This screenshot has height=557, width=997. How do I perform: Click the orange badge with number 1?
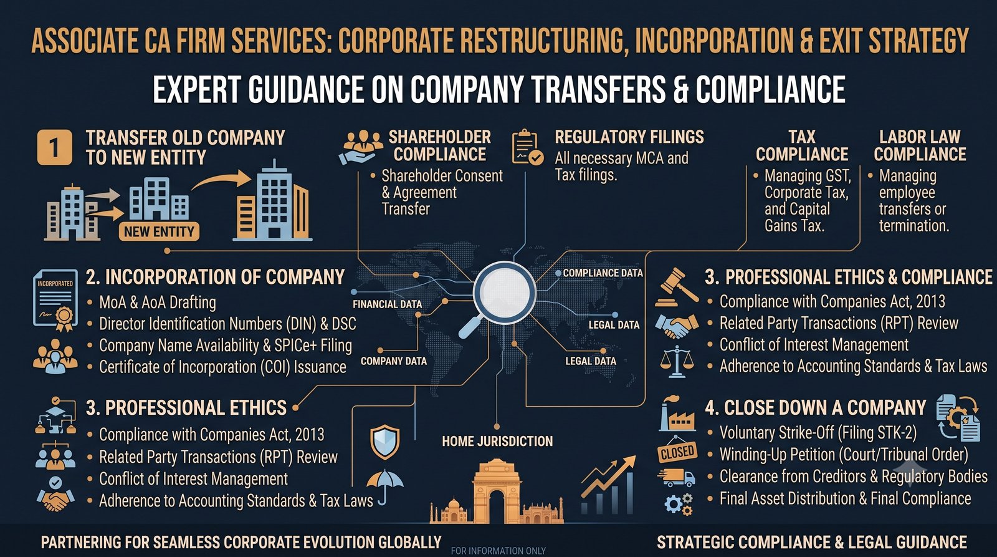pyautogui.click(x=54, y=147)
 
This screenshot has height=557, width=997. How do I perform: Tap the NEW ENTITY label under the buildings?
pyautogui.click(x=159, y=231)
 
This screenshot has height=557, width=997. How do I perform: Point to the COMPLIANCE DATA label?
pyautogui.click(x=603, y=273)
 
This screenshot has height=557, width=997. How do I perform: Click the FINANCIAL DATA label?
pyautogui.click(x=387, y=304)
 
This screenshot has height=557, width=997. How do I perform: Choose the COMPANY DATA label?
pyautogui.click(x=393, y=361)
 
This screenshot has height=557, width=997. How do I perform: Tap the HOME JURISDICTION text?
pyautogui.click(x=497, y=441)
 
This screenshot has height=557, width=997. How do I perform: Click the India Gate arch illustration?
pyautogui.click(x=496, y=492)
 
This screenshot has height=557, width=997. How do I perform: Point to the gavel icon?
pyautogui.click(x=677, y=287)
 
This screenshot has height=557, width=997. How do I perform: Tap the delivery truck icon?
pyautogui.click(x=677, y=478)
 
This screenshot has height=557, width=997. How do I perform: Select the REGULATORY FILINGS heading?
pyautogui.click(x=629, y=137)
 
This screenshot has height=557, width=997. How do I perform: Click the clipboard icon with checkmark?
pyautogui.click(x=527, y=147)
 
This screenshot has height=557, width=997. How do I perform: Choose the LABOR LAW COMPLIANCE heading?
pyautogui.click(x=920, y=145)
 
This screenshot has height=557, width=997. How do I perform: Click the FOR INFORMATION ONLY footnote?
pyautogui.click(x=498, y=551)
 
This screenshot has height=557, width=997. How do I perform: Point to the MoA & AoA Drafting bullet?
pyautogui.click(x=152, y=302)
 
